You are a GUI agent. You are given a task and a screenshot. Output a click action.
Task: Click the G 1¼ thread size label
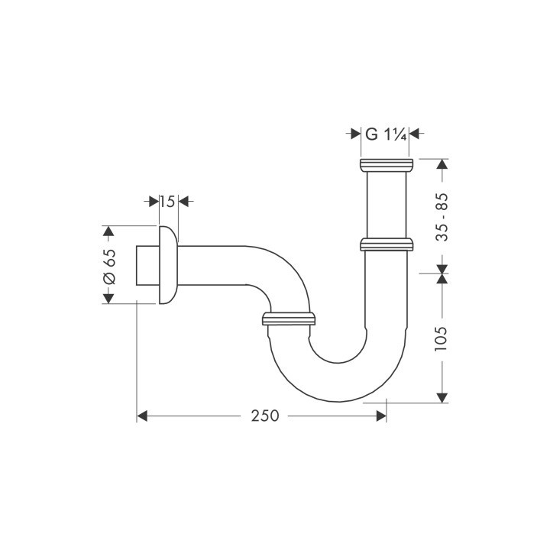pyautogui.click(x=383, y=134)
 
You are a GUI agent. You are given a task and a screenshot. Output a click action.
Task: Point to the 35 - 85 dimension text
pyautogui.click(x=442, y=217)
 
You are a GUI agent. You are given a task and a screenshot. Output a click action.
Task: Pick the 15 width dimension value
pyautogui.click(x=167, y=202)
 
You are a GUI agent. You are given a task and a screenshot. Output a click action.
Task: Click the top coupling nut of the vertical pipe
pyautogui.click(x=386, y=165)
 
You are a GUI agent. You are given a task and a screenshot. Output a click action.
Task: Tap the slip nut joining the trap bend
pyautogui.click(x=288, y=318)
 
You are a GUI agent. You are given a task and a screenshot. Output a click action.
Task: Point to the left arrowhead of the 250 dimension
pyautogui.click(x=142, y=416)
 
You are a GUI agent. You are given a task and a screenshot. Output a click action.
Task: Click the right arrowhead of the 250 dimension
pyautogui.click(x=380, y=416)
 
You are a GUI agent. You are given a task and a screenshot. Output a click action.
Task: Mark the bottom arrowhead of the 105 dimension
pyautogui.click(x=442, y=396)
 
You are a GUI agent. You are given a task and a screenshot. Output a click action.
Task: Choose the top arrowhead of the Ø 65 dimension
pyautogui.click(x=108, y=231)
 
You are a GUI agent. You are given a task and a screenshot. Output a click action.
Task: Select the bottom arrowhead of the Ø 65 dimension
pyautogui.click(x=108, y=297)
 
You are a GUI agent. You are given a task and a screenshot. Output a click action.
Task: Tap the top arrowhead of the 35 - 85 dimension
pyautogui.click(x=442, y=163)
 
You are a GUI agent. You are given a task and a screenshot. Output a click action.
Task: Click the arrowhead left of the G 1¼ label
pyautogui.click(x=355, y=134)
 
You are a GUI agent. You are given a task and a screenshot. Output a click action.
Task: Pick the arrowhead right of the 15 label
pyautogui.click(x=183, y=202)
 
